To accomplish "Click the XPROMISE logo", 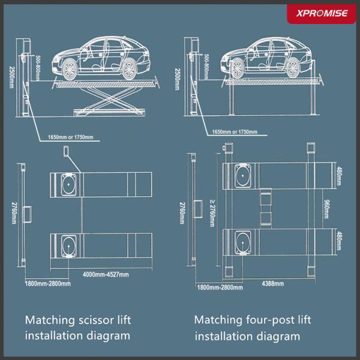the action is point(322,13).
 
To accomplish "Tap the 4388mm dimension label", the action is point(273,284).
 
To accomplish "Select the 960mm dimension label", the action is point(326,209).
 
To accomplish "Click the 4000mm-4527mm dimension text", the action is point(106,274).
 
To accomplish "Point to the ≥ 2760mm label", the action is point(212,213).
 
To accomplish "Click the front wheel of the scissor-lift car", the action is point(70,69).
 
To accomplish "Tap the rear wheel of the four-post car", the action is point(293,68).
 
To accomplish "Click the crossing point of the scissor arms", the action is point(110,99).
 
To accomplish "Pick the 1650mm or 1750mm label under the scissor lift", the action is point(70,137).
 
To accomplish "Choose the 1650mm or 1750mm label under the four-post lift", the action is point(235,132).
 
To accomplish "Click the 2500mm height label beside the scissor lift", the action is point(12,77).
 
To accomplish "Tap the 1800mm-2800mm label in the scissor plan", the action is point(48,284).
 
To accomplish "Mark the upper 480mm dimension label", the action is point(339,176).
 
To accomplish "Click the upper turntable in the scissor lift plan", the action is point(68,185).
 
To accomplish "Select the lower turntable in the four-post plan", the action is point(242,242).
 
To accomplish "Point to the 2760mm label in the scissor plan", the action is point(14,213).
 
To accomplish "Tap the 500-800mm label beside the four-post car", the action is point(206,67).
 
